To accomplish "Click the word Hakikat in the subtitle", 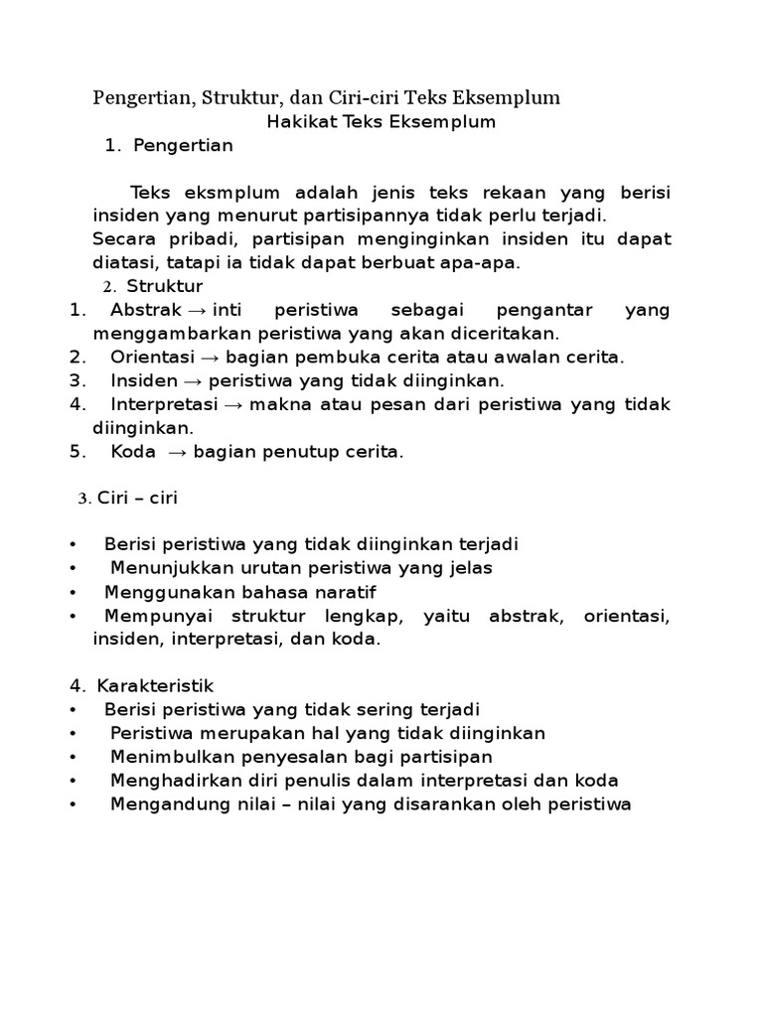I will pyautogui.click(x=298, y=122).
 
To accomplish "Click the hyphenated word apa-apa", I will pyautogui.click(x=487, y=263).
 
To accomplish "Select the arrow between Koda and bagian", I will pyautogui.click(x=179, y=453).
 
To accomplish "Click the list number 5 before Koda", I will pyautogui.click(x=75, y=452).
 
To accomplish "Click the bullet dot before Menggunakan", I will pyautogui.click(x=75, y=593).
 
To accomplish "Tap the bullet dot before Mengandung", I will pyautogui.click(x=75, y=805).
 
